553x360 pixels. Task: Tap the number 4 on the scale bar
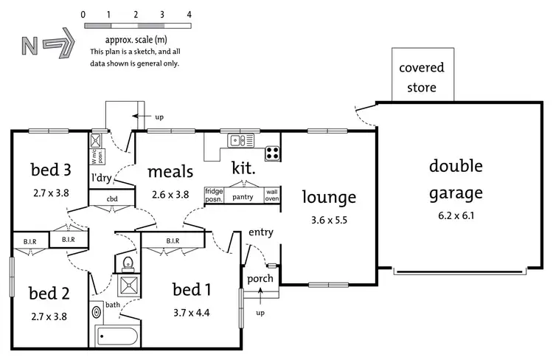point(189,15)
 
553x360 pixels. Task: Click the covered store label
point(421,77)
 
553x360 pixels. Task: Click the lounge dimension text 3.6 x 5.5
point(329,221)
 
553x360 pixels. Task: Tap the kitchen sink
point(241,139)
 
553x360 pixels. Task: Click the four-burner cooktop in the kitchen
point(272,153)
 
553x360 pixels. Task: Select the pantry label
point(243,198)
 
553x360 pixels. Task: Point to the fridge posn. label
point(214,195)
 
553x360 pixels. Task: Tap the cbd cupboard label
point(112,198)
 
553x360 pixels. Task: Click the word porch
point(260,279)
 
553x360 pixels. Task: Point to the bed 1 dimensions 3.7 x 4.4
point(191,312)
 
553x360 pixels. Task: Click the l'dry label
point(102,178)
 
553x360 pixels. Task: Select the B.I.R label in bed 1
point(173,240)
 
